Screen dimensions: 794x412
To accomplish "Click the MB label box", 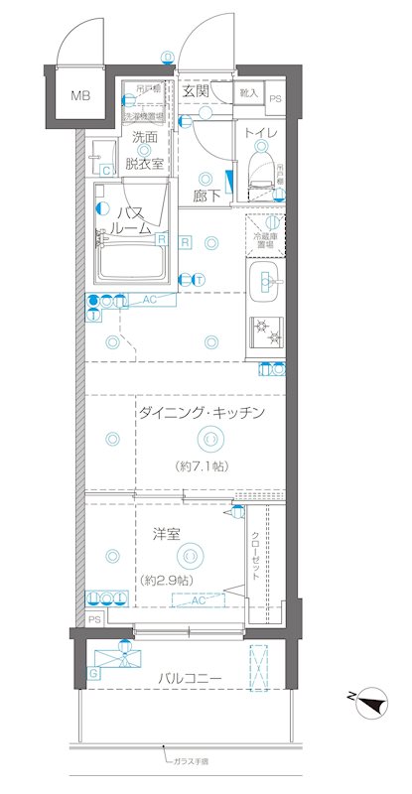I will tap(77, 96).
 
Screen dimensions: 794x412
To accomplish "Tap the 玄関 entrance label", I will tap(196, 91).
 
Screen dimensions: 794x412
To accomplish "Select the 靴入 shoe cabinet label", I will tap(248, 93).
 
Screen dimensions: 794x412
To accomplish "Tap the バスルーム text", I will tap(136, 219).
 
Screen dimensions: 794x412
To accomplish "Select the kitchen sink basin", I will tap(265, 282).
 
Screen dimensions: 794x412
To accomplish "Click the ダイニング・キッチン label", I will tap(201, 412).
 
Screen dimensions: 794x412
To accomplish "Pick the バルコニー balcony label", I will tap(188, 678).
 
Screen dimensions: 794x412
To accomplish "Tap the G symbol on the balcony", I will tap(93, 673).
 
